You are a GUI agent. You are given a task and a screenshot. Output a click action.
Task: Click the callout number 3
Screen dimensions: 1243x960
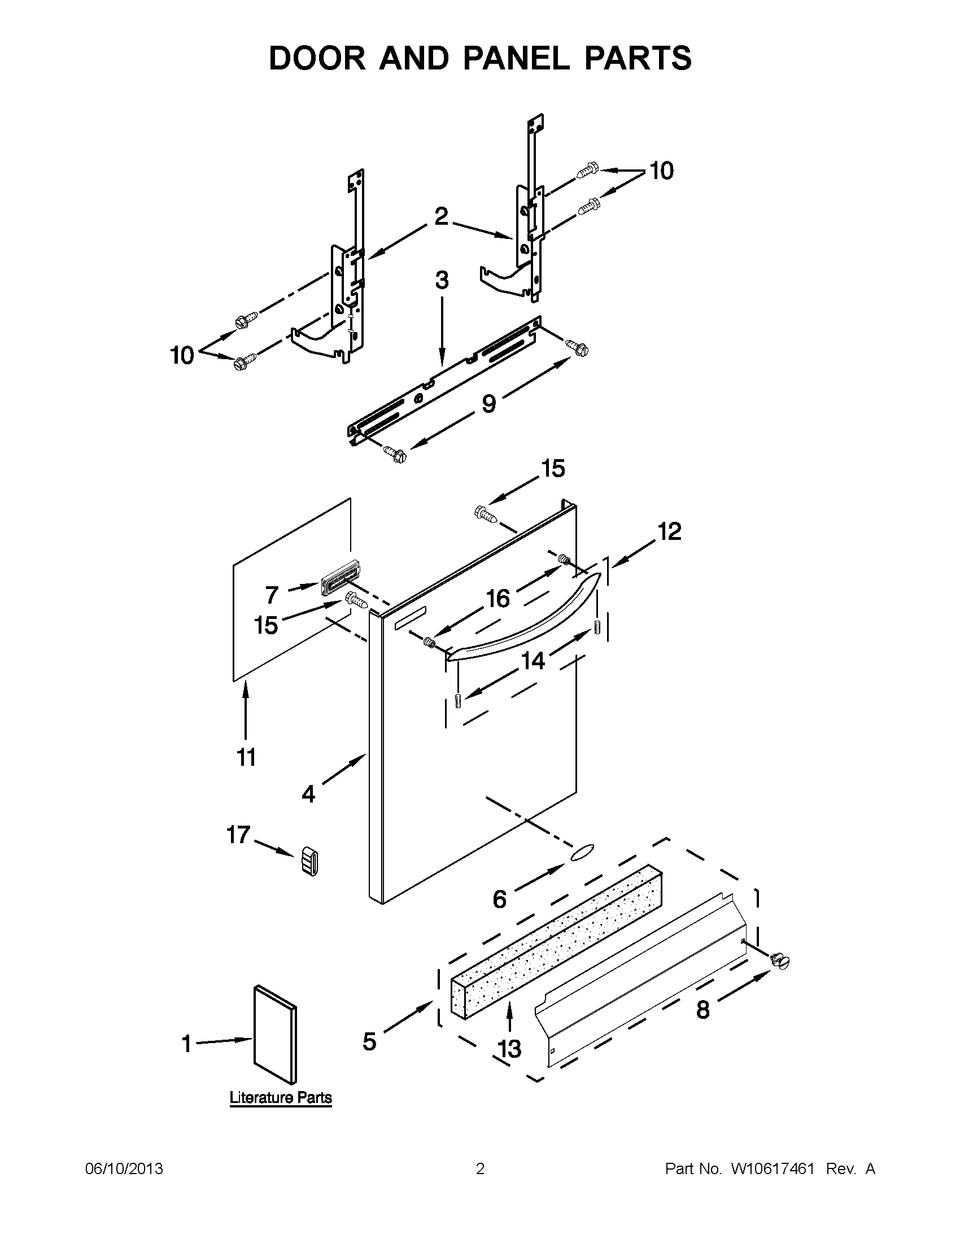(x=442, y=281)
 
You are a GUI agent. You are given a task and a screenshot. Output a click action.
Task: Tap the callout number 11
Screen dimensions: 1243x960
(x=246, y=757)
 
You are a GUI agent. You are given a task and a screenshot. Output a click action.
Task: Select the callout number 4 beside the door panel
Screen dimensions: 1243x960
(x=308, y=794)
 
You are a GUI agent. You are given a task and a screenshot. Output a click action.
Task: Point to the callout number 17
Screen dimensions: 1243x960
(x=238, y=835)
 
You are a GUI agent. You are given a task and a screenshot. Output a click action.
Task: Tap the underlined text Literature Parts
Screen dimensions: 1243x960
(x=281, y=1097)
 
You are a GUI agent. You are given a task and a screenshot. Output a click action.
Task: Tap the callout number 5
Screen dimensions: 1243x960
(x=369, y=1041)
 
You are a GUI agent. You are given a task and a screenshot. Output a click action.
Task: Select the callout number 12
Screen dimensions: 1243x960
(x=669, y=531)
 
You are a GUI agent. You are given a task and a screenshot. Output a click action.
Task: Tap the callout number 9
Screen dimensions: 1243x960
(x=488, y=404)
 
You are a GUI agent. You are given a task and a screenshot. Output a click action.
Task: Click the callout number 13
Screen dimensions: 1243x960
(x=509, y=1048)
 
